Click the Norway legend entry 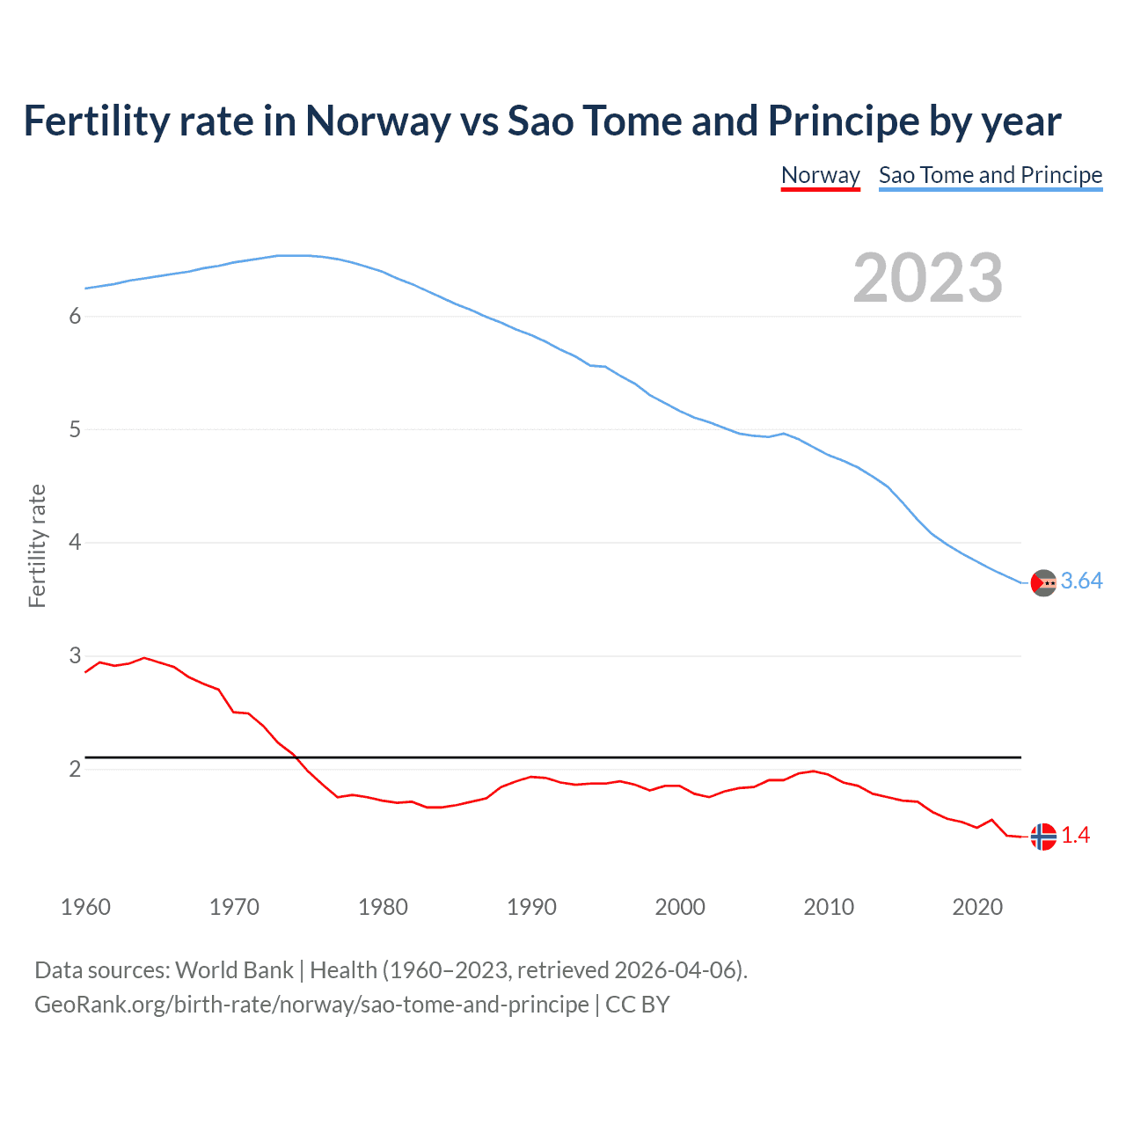coord(820,175)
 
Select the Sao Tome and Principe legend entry coord(990,175)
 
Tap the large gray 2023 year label coord(927,278)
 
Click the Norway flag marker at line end coord(1043,837)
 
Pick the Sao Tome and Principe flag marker coord(1043,582)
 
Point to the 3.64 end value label coord(1081,581)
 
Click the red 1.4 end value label coord(1075,836)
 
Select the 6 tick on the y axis coord(75,317)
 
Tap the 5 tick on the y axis coord(75,430)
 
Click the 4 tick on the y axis coord(75,543)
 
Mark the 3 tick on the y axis coord(75,656)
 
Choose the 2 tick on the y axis coord(75,770)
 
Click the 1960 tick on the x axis coord(85,907)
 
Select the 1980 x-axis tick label coord(383,907)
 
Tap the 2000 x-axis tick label coord(680,907)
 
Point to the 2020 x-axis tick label coord(977,907)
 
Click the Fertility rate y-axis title coord(37,545)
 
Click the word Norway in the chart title coord(377,121)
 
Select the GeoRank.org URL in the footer coord(311,1005)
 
